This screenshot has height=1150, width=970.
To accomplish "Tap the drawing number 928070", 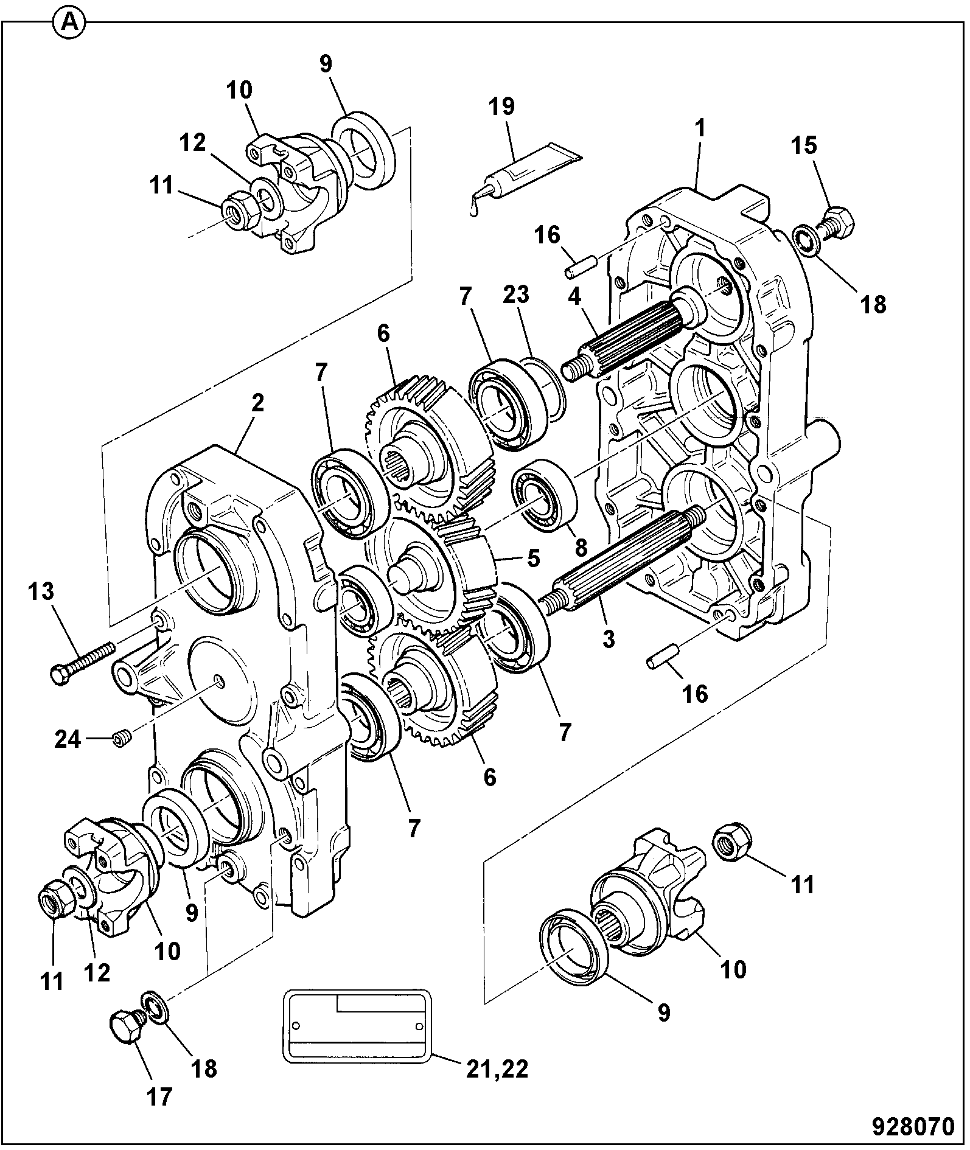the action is (x=913, y=1126).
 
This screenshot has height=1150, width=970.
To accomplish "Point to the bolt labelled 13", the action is (x=82, y=663).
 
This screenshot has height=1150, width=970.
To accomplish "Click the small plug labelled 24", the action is (x=120, y=740).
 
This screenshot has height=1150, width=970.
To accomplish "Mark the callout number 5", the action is (x=534, y=558).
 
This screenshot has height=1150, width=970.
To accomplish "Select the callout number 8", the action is (x=581, y=548).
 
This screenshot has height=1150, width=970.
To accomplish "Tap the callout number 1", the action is (x=700, y=128).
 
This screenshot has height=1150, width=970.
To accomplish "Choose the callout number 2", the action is (x=257, y=403).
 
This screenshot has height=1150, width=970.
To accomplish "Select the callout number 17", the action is (x=159, y=1096).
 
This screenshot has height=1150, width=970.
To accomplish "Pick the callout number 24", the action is (x=68, y=741).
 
